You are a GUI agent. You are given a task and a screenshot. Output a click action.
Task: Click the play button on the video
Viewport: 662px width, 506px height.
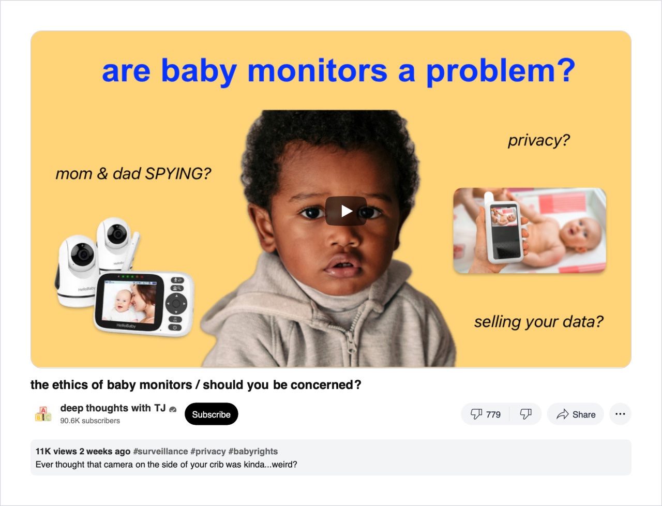coord(346,211)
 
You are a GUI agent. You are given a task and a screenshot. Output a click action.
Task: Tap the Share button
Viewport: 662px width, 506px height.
coord(576,414)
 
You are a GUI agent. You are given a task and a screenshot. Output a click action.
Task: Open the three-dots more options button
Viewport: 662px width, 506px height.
coord(620,414)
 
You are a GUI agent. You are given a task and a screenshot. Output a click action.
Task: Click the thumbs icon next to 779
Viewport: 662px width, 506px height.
coord(476,414)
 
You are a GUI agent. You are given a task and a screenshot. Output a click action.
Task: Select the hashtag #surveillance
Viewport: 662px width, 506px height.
coord(160,451)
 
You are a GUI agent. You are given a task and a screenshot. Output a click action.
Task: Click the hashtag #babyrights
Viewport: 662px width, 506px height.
coord(253,451)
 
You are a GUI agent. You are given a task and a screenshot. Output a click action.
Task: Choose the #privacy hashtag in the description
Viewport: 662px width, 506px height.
coord(208,451)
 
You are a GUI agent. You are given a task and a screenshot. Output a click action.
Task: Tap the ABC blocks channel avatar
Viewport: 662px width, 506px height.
coord(43,414)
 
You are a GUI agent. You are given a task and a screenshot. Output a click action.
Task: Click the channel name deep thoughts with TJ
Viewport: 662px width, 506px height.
coord(113,408)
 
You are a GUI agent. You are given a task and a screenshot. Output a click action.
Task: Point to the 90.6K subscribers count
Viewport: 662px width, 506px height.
coord(90,421)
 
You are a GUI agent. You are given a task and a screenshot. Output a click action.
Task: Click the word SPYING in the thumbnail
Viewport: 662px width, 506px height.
coord(178,174)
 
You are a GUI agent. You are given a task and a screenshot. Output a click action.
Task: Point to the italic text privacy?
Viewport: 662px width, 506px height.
coord(539,140)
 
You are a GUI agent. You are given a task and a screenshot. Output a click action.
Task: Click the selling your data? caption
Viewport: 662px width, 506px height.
coord(539,322)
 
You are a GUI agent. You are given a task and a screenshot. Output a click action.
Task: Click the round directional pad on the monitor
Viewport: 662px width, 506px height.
coord(176,304)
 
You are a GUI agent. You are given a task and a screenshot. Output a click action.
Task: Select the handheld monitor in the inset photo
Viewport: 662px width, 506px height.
coord(503,228)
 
